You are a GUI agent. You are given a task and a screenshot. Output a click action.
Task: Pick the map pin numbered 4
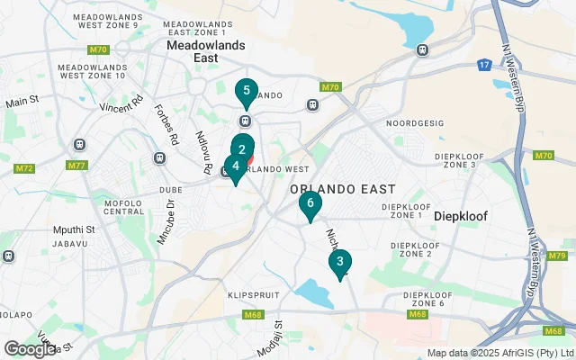[x=235, y=166]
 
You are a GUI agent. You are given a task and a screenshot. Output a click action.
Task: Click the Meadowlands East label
[x=192, y=49]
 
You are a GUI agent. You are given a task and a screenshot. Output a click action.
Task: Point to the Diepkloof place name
[x=462, y=217]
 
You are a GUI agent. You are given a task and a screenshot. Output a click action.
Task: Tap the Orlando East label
[x=343, y=189]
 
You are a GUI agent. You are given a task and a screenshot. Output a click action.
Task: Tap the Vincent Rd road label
[x=121, y=106]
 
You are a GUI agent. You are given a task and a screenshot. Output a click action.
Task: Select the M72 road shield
[x=24, y=168]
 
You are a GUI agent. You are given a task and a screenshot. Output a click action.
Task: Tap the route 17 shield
[x=484, y=65]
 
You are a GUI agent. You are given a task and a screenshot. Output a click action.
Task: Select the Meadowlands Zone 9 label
[x=105, y=21]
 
